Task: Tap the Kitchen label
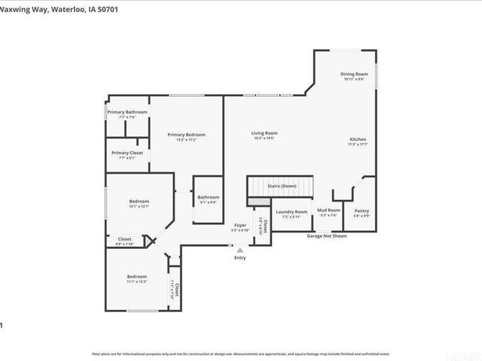(358, 139)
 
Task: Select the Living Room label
(264, 133)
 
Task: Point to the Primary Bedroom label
(186, 135)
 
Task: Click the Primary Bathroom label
(127, 112)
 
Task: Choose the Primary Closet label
(127, 153)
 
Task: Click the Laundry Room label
(291, 212)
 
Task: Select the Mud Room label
(328, 211)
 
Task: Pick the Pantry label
(361, 211)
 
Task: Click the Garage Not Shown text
(326, 235)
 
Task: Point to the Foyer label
(240, 225)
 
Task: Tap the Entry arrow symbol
(240, 250)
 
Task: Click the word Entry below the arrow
(240, 258)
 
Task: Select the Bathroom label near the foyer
(207, 198)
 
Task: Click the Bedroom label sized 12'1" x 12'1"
(139, 201)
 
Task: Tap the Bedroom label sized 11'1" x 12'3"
(136, 277)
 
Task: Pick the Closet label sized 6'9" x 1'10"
(124, 239)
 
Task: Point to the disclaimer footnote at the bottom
(240, 353)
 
